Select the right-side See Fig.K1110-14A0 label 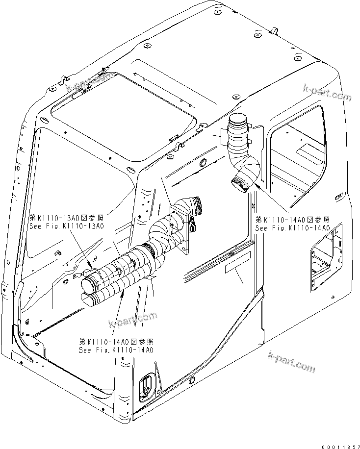[x=292, y=228]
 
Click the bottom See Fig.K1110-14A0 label [x=116, y=350]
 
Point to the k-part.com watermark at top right [x=328, y=94]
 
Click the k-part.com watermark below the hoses [x=132, y=321]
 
